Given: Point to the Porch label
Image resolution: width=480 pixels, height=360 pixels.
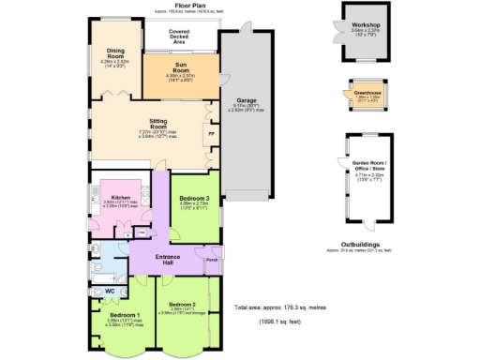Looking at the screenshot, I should click(x=211, y=260).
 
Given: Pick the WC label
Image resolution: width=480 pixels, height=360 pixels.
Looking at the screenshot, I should click(x=110, y=292).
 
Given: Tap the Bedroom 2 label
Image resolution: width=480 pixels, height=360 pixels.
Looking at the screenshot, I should click(x=182, y=305).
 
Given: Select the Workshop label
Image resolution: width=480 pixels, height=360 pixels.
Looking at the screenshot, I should click(x=360, y=24).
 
